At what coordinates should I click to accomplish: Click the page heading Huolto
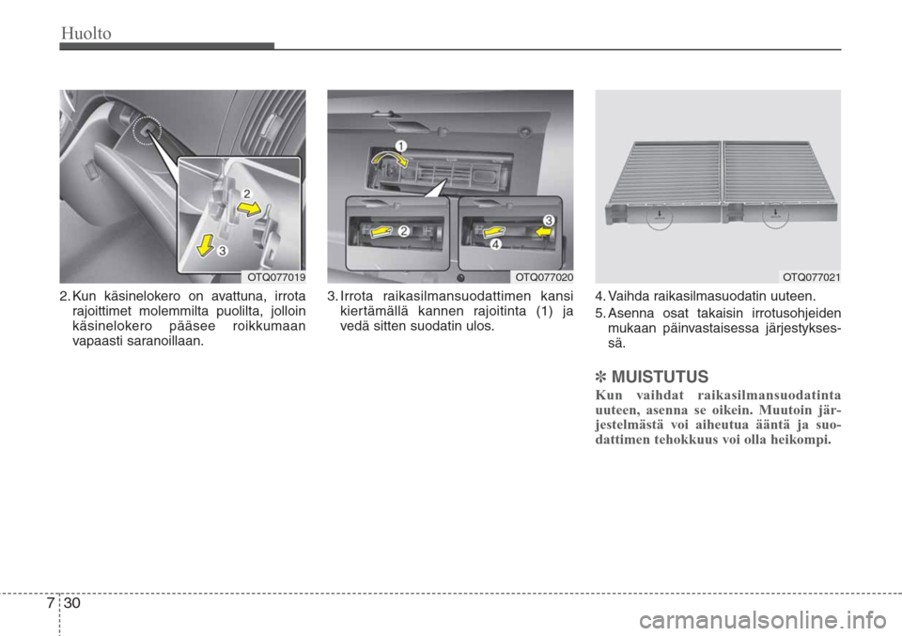coord(86,34)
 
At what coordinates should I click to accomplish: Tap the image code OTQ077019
coord(276,277)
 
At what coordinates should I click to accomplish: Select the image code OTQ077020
coord(544,277)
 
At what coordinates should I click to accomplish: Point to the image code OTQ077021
coord(812,277)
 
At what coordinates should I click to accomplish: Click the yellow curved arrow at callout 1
coord(389,158)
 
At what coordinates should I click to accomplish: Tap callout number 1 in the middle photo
coord(400,146)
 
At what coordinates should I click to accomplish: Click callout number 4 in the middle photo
coord(496,244)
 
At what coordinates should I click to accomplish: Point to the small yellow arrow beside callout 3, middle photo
coord(543,231)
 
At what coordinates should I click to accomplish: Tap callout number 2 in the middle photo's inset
coord(403,232)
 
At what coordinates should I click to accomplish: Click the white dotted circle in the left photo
coord(148,132)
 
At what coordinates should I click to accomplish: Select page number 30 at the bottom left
coord(72,603)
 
